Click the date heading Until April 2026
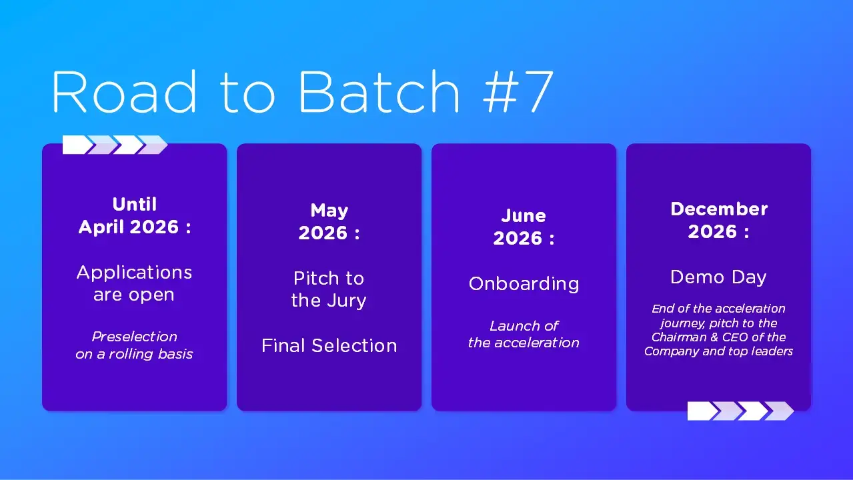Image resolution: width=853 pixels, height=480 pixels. click(x=134, y=215)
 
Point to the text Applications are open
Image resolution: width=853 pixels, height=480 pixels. click(x=134, y=283)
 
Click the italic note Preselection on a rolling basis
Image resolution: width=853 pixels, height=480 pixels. click(x=134, y=345)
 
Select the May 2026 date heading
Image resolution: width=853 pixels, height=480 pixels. click(x=329, y=222)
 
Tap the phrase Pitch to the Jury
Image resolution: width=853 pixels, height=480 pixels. click(x=329, y=289)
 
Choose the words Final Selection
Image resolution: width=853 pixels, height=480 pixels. click(x=329, y=345)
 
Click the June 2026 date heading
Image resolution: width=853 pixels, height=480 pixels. click(x=524, y=227)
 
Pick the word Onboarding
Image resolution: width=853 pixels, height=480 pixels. click(x=524, y=283)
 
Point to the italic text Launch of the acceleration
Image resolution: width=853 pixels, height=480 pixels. click(x=524, y=334)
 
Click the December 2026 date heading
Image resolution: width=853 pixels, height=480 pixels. click(x=718, y=220)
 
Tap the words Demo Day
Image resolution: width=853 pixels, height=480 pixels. click(x=718, y=277)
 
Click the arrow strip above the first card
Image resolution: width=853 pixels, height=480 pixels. click(x=115, y=145)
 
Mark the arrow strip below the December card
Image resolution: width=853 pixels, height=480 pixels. click(x=740, y=411)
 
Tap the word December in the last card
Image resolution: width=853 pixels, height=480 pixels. click(x=718, y=209)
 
